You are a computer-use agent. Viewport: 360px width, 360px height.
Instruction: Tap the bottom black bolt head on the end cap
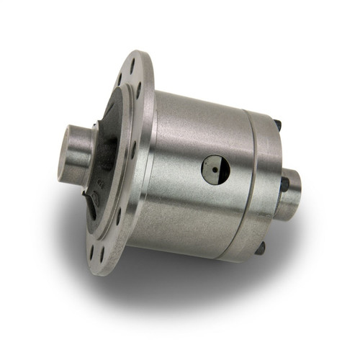tap(259, 247)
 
